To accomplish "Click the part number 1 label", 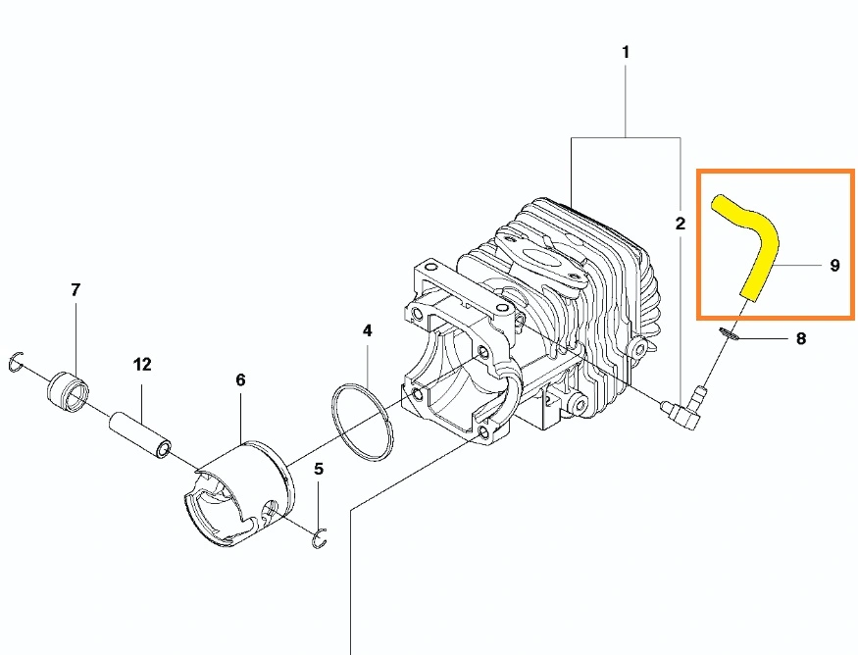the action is (x=626, y=53).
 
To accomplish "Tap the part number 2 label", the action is (x=681, y=224).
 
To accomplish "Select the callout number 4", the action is (x=367, y=330).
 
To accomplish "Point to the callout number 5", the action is (x=319, y=469).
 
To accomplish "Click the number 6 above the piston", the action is (x=241, y=379).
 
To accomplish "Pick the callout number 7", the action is (x=76, y=289).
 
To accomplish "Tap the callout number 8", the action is (x=801, y=338).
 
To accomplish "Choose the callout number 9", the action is (x=834, y=265).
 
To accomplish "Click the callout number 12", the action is (x=142, y=364).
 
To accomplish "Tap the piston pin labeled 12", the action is (x=140, y=436).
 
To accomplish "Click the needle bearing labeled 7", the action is (x=69, y=389).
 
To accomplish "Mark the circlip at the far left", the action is (x=17, y=362).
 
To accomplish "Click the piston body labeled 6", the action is (x=238, y=492).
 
